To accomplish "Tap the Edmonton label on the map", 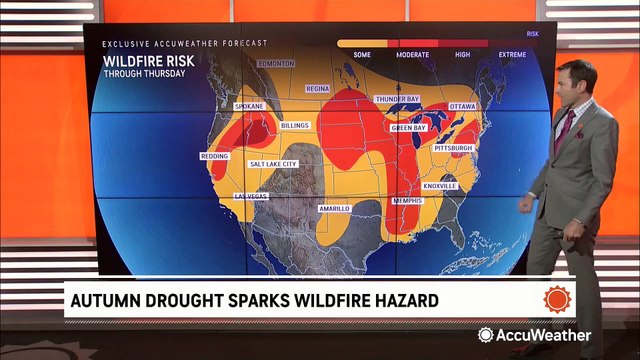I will (275, 63).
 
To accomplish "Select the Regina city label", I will (317, 88).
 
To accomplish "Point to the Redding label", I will (215, 157).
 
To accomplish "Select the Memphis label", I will (408, 200).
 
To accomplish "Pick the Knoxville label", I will (440, 185).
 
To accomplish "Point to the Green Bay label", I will (406, 128).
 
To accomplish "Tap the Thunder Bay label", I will (396, 99).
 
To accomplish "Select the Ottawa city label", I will (463, 105).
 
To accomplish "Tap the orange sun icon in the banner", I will (557, 298).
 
